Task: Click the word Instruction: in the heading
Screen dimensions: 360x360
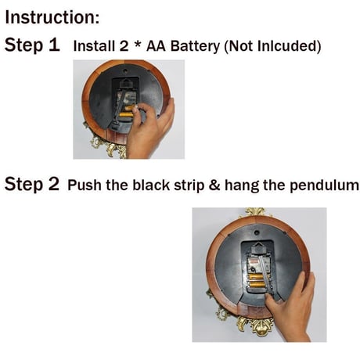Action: pos(52,17)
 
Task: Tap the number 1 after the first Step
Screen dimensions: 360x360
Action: pos(54,45)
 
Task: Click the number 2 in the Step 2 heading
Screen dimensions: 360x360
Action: pos(54,184)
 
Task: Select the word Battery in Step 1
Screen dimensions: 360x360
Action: pos(195,46)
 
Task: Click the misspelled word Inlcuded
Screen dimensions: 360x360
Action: pos(286,46)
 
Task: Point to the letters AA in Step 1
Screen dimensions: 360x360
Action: pos(156,46)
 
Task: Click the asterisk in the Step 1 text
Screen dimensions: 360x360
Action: pos(138,45)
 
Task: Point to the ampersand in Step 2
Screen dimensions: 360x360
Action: pos(214,185)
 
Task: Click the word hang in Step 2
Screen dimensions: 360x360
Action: pos(242,186)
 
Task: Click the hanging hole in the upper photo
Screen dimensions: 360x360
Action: pos(125,70)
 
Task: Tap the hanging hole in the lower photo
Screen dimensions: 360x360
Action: pos(257,232)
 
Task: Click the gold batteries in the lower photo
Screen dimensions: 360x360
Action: pos(257,281)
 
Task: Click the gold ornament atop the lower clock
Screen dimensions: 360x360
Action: pos(255,212)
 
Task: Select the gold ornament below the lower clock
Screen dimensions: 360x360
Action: pos(256,326)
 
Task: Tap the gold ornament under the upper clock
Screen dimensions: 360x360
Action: pos(108,146)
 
